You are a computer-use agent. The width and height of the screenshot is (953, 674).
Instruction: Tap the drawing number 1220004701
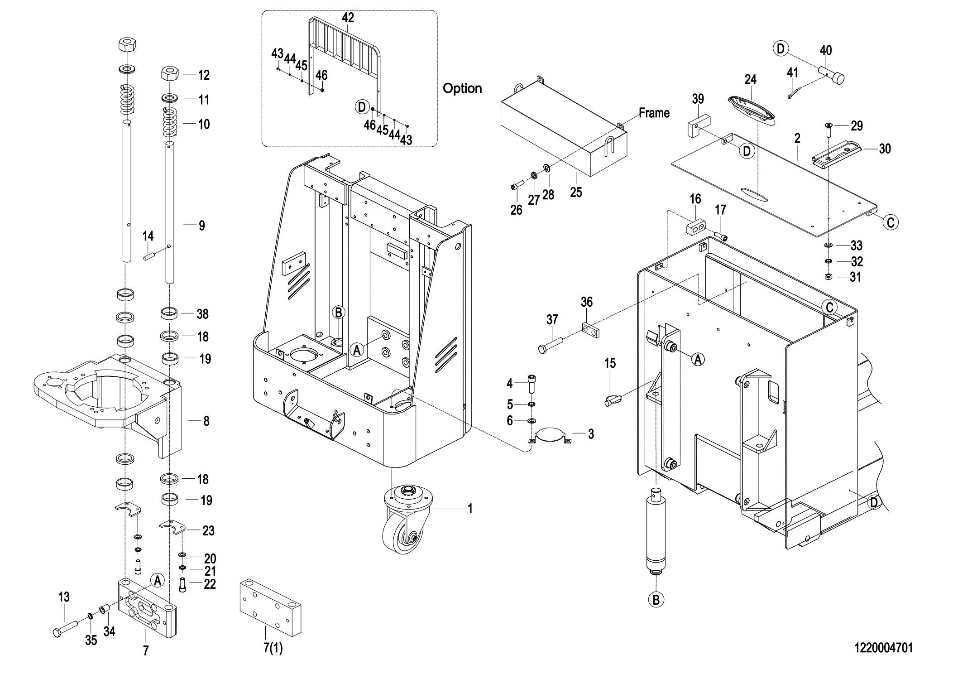883,648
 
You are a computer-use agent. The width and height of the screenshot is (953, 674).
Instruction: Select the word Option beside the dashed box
462,88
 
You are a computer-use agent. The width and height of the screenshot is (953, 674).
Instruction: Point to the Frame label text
654,113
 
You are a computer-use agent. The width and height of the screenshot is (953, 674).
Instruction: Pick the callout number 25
576,192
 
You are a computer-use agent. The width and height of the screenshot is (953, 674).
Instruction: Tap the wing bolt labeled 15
613,400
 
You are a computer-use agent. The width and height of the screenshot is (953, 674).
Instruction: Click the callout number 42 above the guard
348,18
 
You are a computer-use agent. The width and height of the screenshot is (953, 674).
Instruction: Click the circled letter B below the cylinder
656,600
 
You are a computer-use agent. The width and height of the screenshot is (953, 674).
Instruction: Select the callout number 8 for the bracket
206,421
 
